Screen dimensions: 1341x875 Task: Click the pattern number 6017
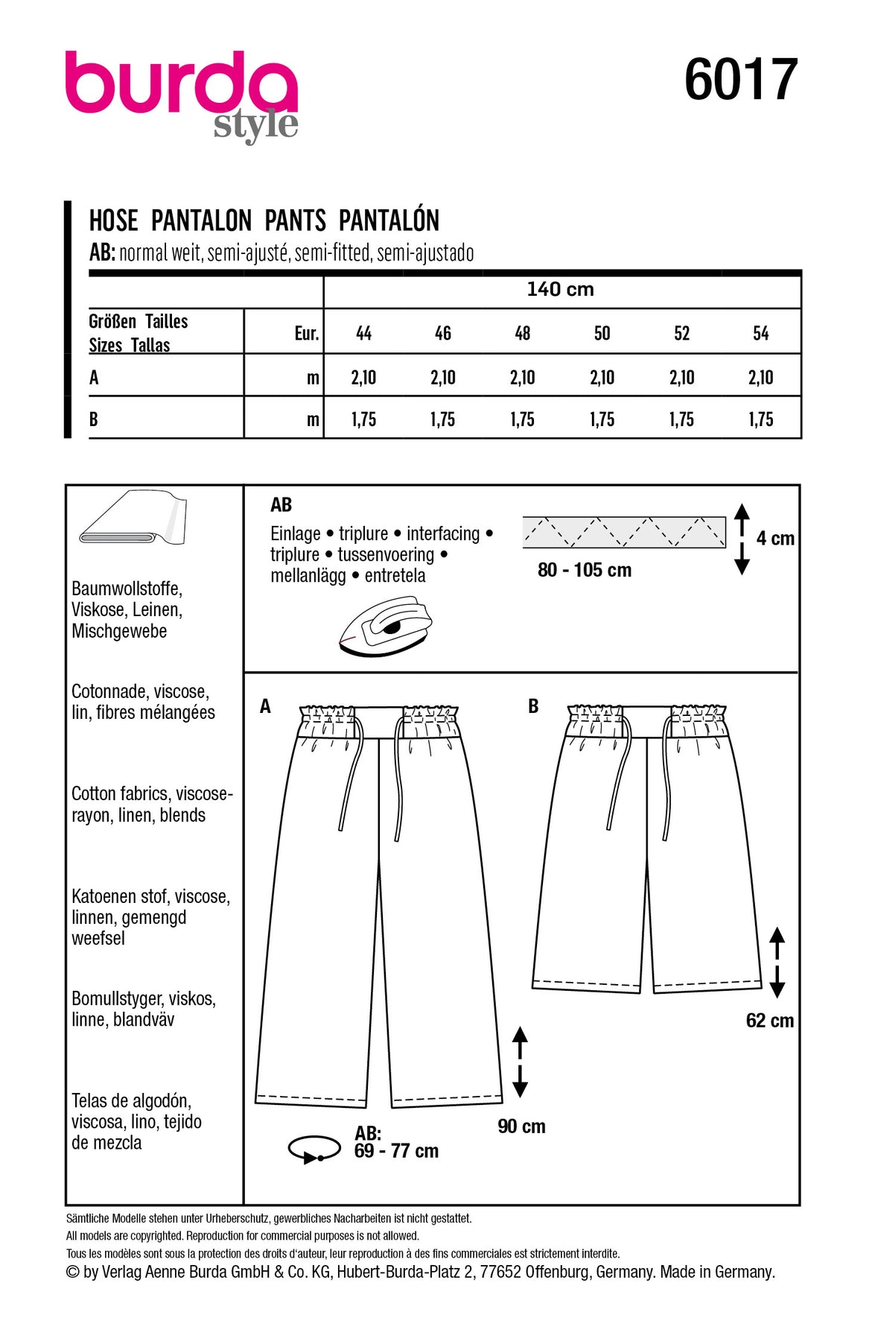(x=740, y=80)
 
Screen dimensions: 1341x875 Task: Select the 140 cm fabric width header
(x=560, y=289)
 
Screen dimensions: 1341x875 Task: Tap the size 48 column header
(x=523, y=333)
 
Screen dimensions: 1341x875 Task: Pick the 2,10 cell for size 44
(x=363, y=378)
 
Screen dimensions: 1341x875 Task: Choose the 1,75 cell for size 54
(x=760, y=419)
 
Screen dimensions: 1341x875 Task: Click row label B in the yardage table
(x=94, y=419)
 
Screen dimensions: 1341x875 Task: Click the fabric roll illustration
(x=133, y=519)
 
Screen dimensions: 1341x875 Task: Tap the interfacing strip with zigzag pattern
(x=624, y=532)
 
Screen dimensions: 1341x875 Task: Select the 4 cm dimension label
(x=775, y=539)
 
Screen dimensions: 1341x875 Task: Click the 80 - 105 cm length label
(x=585, y=570)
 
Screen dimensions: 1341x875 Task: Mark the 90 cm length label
(x=521, y=1126)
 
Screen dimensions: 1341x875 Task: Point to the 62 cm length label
(x=769, y=1021)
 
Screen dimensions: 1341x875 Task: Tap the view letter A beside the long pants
(x=265, y=706)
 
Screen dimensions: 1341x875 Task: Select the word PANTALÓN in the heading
(x=389, y=221)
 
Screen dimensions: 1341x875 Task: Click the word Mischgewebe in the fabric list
(x=119, y=631)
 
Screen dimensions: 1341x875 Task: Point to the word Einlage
(x=295, y=533)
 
